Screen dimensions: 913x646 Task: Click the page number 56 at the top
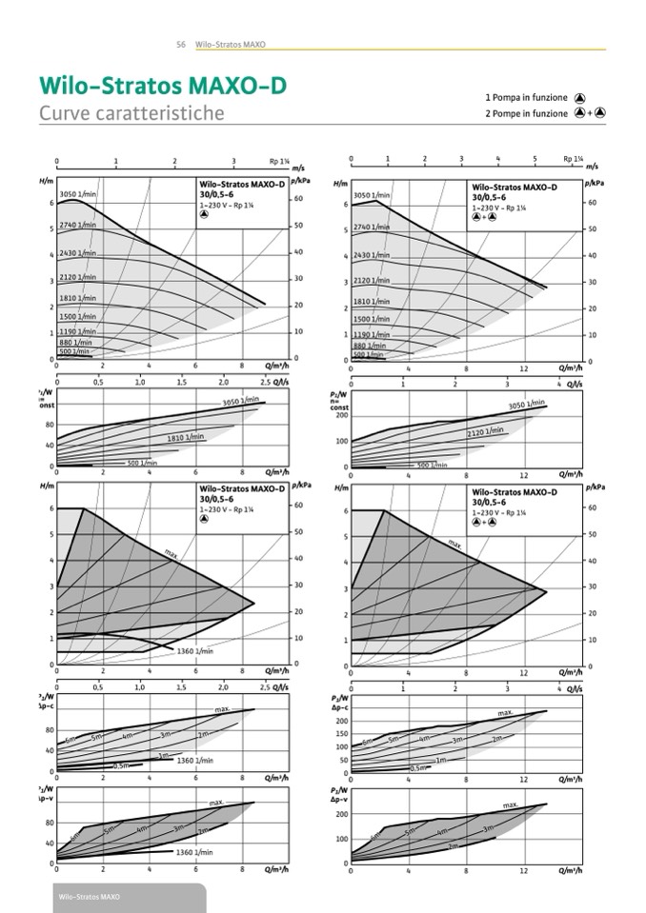coord(180,44)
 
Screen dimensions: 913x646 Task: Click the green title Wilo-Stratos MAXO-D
coord(162,87)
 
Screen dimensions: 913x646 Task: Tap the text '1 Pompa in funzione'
coord(526,97)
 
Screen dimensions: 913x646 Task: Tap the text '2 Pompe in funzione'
coord(526,113)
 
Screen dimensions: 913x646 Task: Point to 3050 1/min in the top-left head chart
coord(79,194)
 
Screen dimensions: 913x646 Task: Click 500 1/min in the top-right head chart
coord(368,354)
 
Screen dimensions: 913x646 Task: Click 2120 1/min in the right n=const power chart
coord(485,431)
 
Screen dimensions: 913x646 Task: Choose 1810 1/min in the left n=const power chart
coord(186,438)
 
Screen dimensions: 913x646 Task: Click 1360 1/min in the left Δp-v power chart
coord(194,852)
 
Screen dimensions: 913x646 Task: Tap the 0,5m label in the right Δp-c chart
coord(420,767)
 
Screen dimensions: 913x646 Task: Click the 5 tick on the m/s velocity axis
coord(535,158)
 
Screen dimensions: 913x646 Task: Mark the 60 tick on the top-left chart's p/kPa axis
coord(297,198)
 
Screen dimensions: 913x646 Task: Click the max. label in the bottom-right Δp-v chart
coord(511,805)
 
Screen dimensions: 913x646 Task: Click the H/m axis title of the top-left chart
coord(46,181)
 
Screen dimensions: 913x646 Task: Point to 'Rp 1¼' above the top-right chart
coord(573,159)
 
